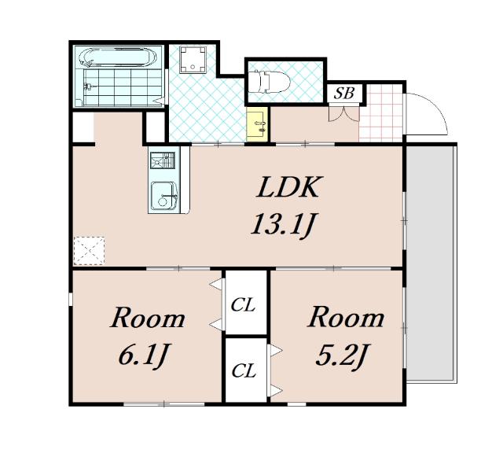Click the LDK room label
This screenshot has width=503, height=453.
click(x=288, y=187)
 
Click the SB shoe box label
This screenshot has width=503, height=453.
click(x=344, y=93)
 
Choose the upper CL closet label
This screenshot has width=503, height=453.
click(x=244, y=304)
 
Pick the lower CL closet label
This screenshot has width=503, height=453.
click(x=244, y=371)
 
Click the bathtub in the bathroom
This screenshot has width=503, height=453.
click(x=117, y=57)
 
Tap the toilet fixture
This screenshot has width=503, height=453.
click(x=270, y=82)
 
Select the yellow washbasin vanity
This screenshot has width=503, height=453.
click(x=257, y=124)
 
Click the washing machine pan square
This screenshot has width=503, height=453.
click(x=193, y=60)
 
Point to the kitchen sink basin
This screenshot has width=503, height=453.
click(x=164, y=195)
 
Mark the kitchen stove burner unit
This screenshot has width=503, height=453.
click(x=163, y=160)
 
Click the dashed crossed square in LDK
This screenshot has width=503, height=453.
click(x=89, y=251)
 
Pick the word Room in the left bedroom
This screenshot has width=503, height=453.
click(x=148, y=318)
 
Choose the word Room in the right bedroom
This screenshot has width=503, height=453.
click(x=346, y=318)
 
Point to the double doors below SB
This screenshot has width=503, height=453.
click(x=343, y=114)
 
